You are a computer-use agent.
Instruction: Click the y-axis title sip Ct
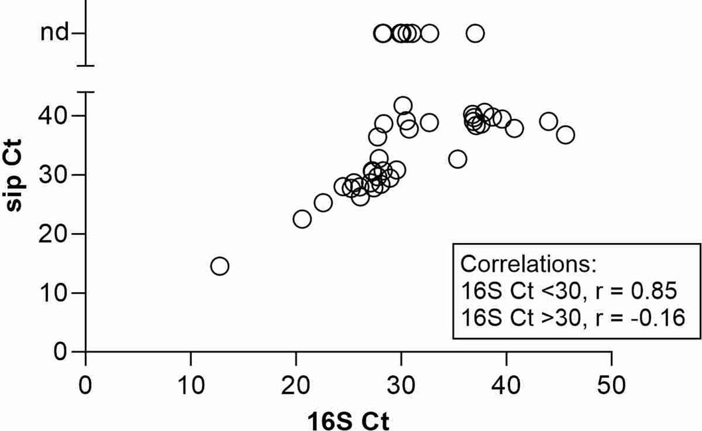[20, 175]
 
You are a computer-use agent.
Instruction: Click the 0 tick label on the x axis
[86, 385]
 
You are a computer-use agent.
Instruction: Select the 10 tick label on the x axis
[191, 385]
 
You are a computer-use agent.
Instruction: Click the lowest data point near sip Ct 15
[220, 266]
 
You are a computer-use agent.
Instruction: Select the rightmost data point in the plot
[565, 135]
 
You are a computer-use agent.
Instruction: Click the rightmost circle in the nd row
[475, 33]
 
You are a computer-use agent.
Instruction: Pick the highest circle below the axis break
[402, 106]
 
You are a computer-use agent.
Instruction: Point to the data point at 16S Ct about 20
[302, 219]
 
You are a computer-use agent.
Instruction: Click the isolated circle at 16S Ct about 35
[458, 159]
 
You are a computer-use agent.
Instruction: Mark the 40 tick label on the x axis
[506, 385]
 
